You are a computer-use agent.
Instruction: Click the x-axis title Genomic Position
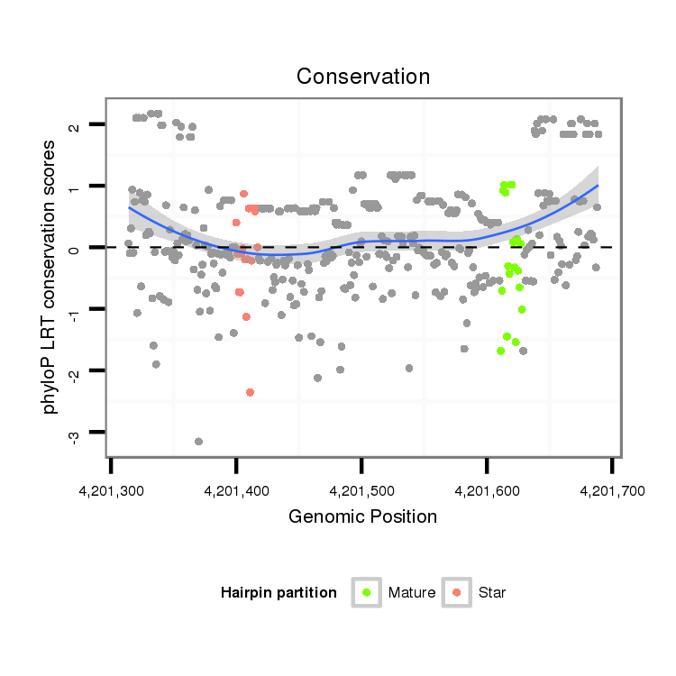click(362, 516)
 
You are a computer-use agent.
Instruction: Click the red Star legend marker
click(457, 592)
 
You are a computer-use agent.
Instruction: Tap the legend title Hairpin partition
click(279, 593)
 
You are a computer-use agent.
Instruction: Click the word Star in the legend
click(493, 593)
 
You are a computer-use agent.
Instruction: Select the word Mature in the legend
click(412, 593)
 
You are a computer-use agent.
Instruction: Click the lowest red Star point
click(250, 392)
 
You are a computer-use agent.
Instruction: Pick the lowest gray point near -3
click(198, 441)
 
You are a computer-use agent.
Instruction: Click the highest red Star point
click(243, 194)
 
